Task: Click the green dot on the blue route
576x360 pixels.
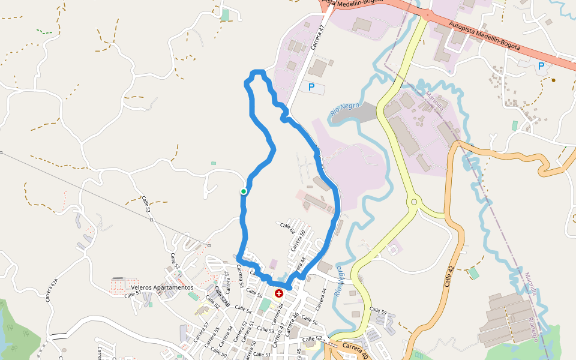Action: point(244,191)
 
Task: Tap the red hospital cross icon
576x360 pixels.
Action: point(279,293)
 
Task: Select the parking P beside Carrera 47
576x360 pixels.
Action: point(311,88)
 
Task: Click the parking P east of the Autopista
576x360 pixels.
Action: point(541,67)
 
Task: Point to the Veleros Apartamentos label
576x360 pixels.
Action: point(162,287)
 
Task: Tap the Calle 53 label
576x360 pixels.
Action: point(266,331)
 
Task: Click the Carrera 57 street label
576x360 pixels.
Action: point(202,332)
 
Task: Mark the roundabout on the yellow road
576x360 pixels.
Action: point(413,203)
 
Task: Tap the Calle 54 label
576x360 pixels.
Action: point(244,309)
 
